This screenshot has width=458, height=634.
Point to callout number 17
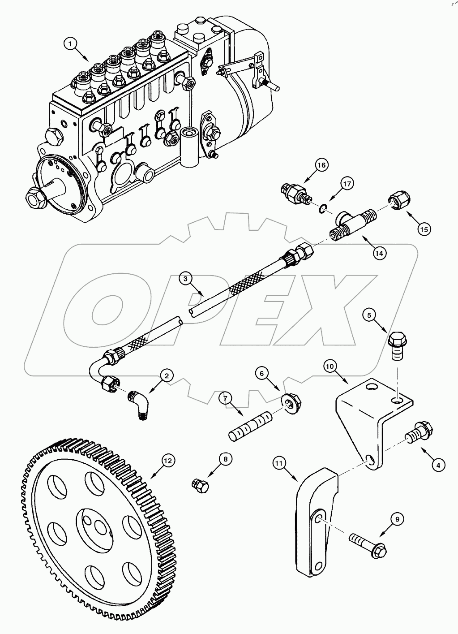tap(347, 183)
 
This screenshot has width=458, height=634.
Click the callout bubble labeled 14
tap(379, 253)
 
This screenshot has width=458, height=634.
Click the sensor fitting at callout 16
tap(294, 192)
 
